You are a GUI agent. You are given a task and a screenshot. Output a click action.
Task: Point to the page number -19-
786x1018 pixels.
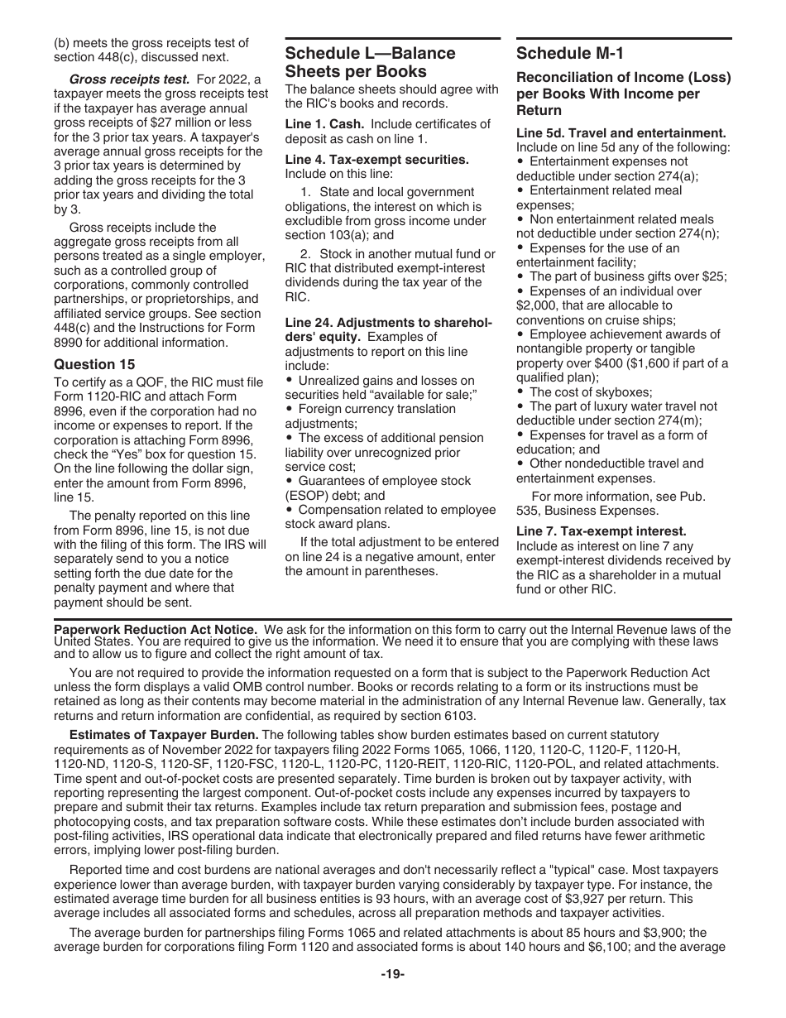click(392, 975)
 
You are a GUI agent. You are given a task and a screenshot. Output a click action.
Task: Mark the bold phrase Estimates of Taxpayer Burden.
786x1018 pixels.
click(164, 735)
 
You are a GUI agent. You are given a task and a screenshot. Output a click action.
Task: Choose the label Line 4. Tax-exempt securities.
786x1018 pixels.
click(376, 160)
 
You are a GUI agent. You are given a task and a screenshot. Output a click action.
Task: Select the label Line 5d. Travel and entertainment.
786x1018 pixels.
click(621, 132)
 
